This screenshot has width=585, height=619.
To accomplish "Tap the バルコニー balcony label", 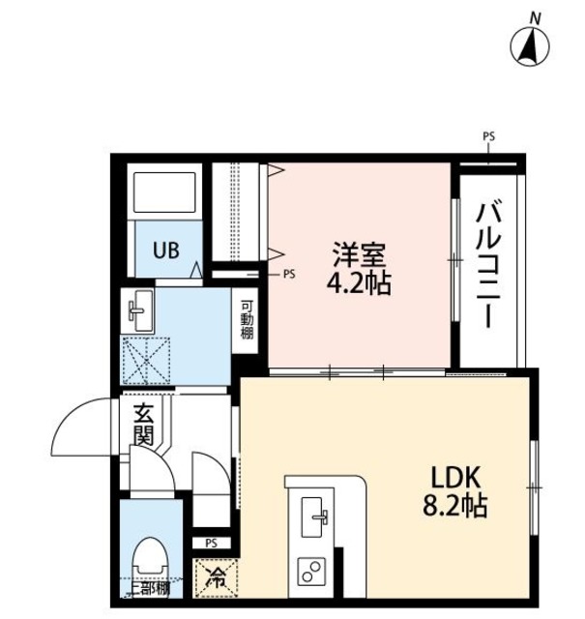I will pyautogui.click(x=489, y=264).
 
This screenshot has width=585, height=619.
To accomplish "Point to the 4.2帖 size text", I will pyautogui.click(x=360, y=285).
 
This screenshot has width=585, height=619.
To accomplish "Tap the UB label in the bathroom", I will pyautogui.click(x=162, y=250).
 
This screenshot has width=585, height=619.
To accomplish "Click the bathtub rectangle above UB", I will pyautogui.click(x=163, y=193).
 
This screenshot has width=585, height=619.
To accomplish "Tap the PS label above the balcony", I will pyautogui.click(x=488, y=137).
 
